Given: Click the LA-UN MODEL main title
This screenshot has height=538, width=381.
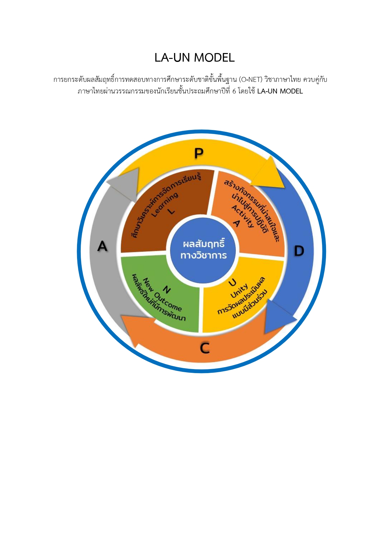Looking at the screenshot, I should point(194,58).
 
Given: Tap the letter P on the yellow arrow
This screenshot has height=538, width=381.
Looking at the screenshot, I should point(199,153).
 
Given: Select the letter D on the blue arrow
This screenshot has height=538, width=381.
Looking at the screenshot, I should point(299,251).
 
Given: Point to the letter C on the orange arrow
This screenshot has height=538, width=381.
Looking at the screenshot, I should point(205,348).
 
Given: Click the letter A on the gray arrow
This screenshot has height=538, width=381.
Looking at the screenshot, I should point(102,246).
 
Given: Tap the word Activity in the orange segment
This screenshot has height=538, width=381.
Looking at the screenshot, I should point(243,216).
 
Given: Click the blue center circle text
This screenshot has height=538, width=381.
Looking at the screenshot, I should point(203,250).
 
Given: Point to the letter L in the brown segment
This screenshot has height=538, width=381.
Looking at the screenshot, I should point(172,211).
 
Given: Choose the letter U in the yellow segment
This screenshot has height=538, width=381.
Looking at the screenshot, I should point(233,282).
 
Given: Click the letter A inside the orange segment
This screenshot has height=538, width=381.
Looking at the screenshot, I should point(236,223).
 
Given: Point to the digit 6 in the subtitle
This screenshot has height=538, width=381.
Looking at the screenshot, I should point(234,91).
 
